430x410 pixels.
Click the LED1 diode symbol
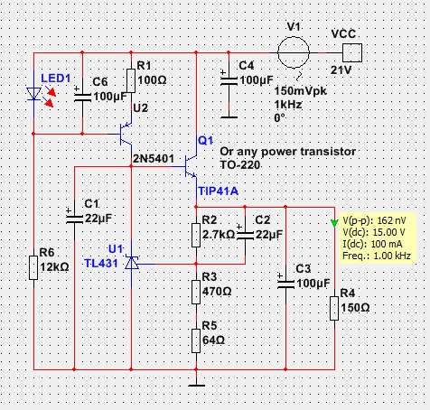33,94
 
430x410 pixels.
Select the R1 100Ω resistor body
131,80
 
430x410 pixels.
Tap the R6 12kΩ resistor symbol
33,267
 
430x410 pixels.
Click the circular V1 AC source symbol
294,52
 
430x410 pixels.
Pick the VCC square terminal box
352,52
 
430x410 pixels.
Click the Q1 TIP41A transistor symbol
191,166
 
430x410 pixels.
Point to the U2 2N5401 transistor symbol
126,134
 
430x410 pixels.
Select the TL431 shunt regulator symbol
132,263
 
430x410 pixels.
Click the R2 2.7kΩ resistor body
196,235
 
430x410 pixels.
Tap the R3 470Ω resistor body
196,292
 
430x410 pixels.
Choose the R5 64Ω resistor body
196,340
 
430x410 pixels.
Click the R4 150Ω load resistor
334,308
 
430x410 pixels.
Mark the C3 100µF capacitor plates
285,284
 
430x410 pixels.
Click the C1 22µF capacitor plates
74,219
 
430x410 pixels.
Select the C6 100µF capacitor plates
82,98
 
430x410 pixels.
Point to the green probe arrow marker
334,223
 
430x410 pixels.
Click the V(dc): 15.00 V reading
374,232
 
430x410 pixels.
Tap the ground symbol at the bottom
196,385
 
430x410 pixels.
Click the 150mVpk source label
300,90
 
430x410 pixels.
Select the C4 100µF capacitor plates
229,81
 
